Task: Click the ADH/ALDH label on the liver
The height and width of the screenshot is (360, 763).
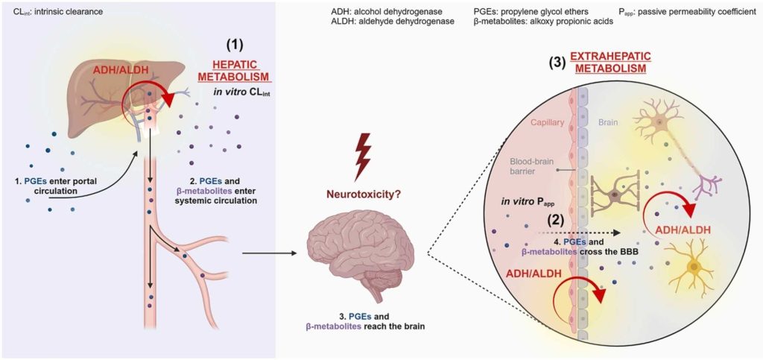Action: (x=120, y=72)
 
